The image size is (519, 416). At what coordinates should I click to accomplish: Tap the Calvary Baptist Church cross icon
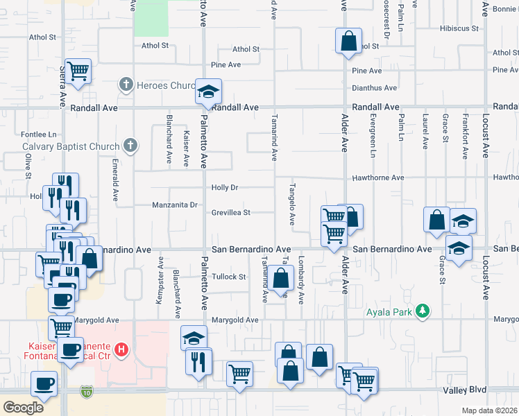(128, 146)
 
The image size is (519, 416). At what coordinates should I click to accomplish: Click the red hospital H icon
(122, 348)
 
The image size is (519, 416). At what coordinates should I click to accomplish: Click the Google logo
(24, 408)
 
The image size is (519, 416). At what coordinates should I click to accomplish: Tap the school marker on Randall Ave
(207, 92)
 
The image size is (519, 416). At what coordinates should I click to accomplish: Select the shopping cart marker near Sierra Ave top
(78, 70)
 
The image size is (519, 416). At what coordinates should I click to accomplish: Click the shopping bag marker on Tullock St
(280, 280)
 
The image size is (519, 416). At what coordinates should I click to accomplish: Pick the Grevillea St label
(231, 213)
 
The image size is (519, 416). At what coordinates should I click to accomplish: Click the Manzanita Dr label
(176, 205)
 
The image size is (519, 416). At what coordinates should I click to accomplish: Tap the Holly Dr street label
(225, 188)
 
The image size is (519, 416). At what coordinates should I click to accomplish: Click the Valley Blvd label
(465, 390)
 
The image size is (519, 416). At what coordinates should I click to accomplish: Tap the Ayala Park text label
(389, 312)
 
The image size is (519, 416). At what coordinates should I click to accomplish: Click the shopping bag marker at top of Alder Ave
(348, 41)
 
